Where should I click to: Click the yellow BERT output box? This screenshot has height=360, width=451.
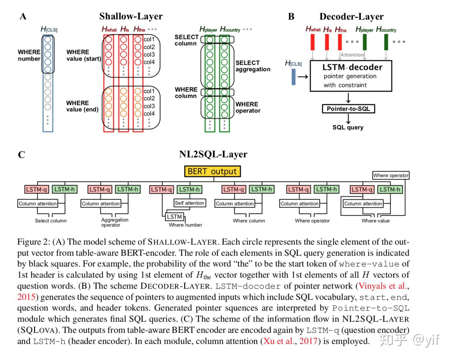click(212, 171)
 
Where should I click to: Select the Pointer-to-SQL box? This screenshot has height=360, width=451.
click(348, 109)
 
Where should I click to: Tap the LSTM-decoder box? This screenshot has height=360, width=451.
click(351, 76)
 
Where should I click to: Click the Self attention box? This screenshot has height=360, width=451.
click(190, 203)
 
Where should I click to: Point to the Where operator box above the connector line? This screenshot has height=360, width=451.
click(391, 175)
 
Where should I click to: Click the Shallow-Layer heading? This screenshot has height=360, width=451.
click(131, 16)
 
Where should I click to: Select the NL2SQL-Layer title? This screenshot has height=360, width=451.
click(213, 154)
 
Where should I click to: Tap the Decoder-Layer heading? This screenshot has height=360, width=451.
click(351, 16)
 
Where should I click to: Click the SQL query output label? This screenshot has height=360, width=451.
click(348, 127)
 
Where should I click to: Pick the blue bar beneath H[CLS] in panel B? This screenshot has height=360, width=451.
click(294, 77)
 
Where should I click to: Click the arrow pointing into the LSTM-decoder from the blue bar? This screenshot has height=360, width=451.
click(303, 77)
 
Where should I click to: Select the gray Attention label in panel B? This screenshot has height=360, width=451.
click(352, 55)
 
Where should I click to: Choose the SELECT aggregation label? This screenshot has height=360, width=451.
click(253, 66)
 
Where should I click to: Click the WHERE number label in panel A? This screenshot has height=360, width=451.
click(29, 55)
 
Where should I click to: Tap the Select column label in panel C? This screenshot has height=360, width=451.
click(51, 221)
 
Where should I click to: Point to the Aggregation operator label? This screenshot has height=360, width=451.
click(115, 222)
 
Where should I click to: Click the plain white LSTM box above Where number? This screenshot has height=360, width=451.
click(174, 217)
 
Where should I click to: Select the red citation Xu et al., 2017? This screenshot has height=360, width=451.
click(290, 341)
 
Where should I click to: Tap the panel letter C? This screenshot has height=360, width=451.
click(22, 155)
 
